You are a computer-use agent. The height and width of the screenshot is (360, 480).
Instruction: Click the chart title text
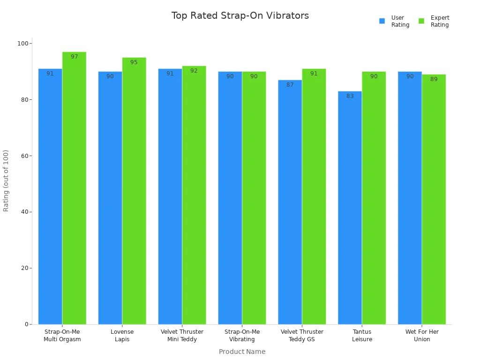coord(240,15)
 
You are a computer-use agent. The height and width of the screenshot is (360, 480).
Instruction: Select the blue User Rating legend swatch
coord(382,21)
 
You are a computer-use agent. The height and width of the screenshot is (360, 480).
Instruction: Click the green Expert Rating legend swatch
coord(421,21)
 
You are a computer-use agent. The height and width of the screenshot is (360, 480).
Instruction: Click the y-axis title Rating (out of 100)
coord(6,180)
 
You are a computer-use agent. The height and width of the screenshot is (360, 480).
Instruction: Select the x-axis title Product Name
coord(242,352)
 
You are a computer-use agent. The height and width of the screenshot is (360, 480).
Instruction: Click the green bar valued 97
coord(74,187)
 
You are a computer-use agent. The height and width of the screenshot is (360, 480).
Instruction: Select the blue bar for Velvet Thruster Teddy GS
coord(290,202)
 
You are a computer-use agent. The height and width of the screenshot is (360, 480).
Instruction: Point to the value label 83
coord(350,96)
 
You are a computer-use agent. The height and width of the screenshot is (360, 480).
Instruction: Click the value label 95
coord(134,62)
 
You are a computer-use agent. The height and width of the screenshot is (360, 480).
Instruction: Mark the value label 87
coord(290,85)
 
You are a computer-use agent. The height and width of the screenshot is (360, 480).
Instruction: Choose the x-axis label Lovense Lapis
coord(122,335)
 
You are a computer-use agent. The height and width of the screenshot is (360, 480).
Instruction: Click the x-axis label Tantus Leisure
coord(362,335)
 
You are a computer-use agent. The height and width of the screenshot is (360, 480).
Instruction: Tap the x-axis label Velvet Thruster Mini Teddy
coord(182,335)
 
